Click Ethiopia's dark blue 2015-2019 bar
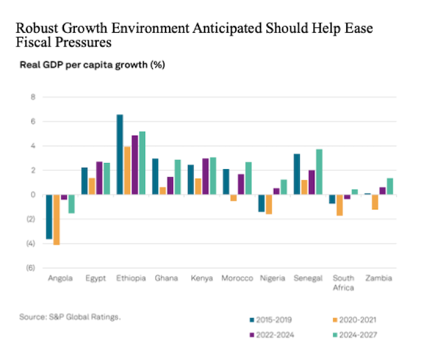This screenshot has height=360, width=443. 120,154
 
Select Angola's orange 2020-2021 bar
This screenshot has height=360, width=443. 57,220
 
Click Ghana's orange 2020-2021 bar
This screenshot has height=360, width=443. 163,191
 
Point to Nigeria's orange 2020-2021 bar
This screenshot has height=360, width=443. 269,205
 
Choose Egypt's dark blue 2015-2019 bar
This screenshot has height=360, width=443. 85,181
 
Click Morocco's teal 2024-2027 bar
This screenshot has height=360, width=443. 249,178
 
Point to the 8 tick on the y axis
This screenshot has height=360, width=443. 32,97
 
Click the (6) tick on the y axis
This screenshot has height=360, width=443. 30,268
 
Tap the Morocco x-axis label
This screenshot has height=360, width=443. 237,278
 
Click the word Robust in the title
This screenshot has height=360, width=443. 37,30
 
